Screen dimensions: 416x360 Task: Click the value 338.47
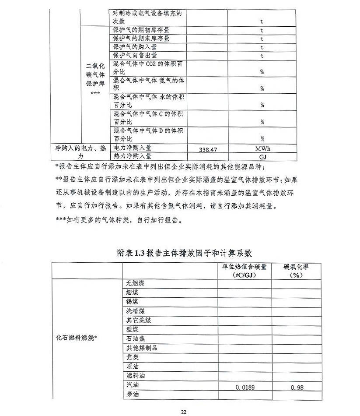[x=208, y=150]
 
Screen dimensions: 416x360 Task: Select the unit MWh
[x=262, y=149]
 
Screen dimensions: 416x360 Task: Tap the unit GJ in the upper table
[x=262, y=156]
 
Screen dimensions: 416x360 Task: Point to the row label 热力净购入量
[x=133, y=155]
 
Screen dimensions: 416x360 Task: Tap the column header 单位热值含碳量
[x=245, y=267]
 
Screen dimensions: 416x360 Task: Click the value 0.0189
[x=245, y=387]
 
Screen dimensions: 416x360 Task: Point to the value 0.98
[x=297, y=387]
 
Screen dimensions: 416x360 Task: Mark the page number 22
[x=184, y=412]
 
